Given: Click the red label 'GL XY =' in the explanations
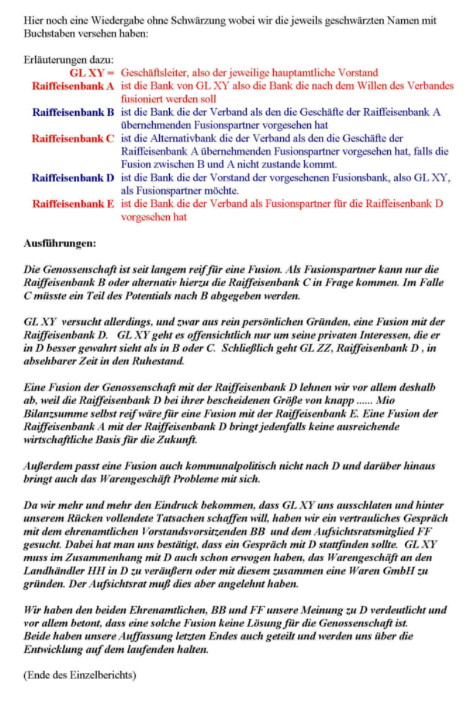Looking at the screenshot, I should (92, 73).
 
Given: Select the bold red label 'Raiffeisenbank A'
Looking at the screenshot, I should (73, 86).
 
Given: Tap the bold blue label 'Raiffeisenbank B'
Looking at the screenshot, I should (73, 112).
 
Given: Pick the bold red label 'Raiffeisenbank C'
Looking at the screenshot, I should (73, 139).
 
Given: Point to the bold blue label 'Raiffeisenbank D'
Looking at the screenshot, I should (73, 177).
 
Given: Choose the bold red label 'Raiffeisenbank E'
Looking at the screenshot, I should (73, 204).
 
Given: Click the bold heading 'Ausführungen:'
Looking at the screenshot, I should (59, 242).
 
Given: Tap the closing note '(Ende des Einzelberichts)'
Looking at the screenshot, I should (79, 674).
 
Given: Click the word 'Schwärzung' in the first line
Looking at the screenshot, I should (197, 21).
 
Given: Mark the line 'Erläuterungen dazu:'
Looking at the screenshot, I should (69, 60).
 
